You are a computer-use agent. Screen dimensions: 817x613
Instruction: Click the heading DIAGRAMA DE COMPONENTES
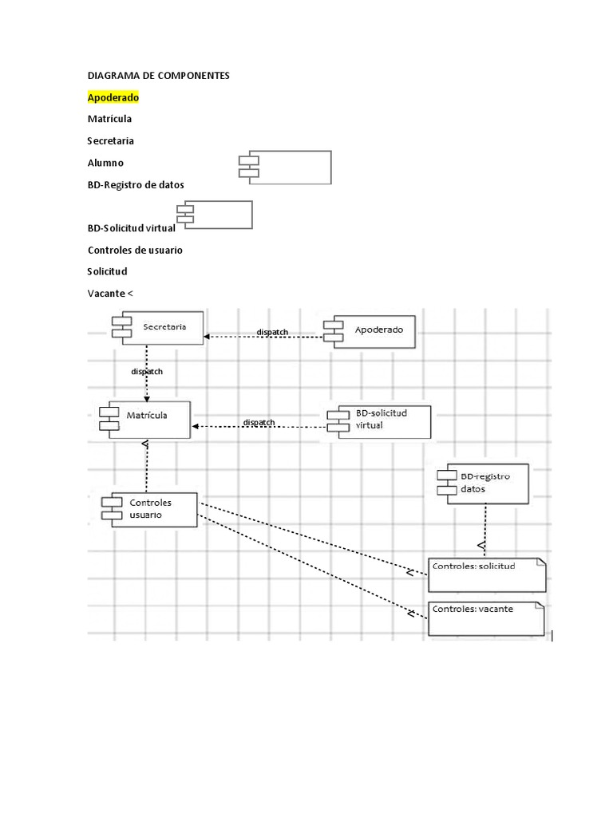click(158, 75)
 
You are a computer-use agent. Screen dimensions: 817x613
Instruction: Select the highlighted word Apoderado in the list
click(113, 97)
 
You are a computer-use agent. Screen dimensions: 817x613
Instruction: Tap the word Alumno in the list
click(105, 163)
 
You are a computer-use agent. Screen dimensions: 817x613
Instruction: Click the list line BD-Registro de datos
click(136, 184)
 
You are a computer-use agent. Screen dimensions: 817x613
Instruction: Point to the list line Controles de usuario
click(135, 250)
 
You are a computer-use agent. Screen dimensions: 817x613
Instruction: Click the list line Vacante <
click(110, 293)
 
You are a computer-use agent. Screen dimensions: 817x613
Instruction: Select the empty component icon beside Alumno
click(285, 168)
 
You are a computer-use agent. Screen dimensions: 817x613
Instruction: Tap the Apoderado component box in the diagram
click(370, 331)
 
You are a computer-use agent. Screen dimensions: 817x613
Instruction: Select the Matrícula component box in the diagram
click(145, 420)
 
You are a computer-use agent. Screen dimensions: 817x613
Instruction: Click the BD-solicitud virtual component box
click(379, 422)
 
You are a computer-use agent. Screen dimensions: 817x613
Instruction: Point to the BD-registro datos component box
click(483, 483)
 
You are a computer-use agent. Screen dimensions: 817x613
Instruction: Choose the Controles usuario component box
click(150, 510)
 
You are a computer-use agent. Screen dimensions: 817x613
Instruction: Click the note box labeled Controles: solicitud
click(487, 574)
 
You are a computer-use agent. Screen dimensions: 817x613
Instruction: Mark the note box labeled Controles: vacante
click(487, 618)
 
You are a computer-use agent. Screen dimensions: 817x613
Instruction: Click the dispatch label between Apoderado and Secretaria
click(272, 332)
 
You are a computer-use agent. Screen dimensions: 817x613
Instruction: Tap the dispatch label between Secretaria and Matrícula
click(147, 371)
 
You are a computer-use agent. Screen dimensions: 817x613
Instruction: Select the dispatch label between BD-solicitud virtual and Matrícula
click(259, 422)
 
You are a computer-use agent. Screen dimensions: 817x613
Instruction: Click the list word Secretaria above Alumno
click(110, 140)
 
